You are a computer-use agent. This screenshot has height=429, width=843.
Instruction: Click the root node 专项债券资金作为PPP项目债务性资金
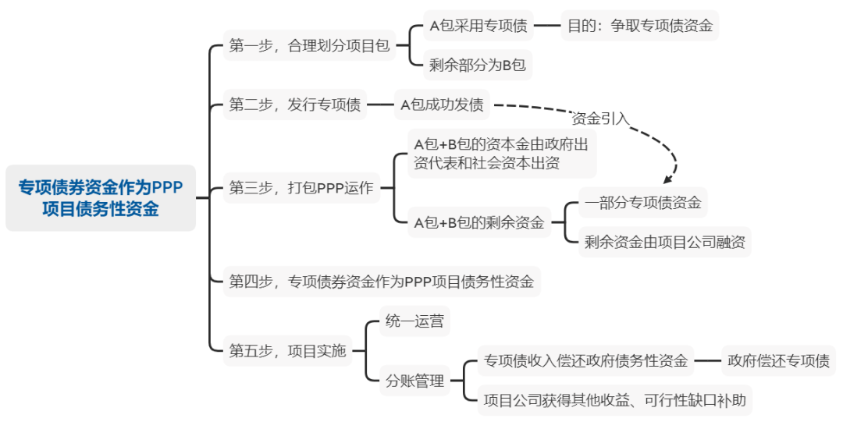tap(100, 198)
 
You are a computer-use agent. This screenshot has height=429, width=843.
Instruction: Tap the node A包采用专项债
tap(478, 26)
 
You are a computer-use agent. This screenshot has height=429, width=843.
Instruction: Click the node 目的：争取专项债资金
tap(639, 26)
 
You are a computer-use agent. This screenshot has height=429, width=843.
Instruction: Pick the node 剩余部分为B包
tap(478, 66)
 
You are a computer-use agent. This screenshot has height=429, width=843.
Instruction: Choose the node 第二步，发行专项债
tap(295, 105)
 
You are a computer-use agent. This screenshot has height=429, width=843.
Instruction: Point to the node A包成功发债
tap(442, 105)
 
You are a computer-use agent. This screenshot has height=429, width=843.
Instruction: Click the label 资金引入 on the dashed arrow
tap(600, 119)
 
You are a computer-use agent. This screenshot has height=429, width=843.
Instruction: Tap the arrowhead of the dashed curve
tap(666, 179)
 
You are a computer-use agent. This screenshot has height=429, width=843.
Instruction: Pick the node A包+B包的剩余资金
tap(479, 222)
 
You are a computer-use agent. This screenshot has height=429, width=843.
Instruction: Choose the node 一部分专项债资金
tap(643, 203)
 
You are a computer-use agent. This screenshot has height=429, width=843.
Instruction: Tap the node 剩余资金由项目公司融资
tap(665, 242)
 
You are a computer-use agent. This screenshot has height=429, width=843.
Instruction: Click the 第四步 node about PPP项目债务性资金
tap(382, 282)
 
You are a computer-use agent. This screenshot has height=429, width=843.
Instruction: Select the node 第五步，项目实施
tap(287, 351)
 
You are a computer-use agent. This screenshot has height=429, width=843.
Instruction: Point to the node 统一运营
tap(414, 321)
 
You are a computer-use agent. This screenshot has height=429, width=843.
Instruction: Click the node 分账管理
tap(414, 381)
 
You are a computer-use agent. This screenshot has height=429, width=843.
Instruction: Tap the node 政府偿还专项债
tap(778, 361)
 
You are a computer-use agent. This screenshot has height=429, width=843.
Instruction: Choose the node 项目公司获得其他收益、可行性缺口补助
tap(615, 402)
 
